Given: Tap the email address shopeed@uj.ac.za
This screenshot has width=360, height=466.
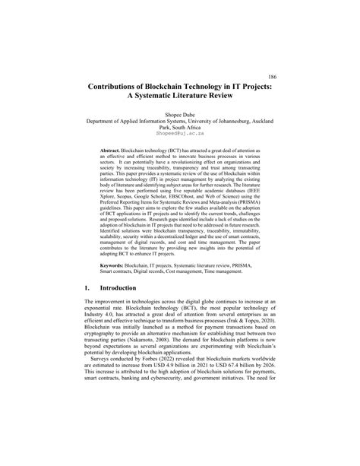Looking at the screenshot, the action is tap(179, 132).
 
